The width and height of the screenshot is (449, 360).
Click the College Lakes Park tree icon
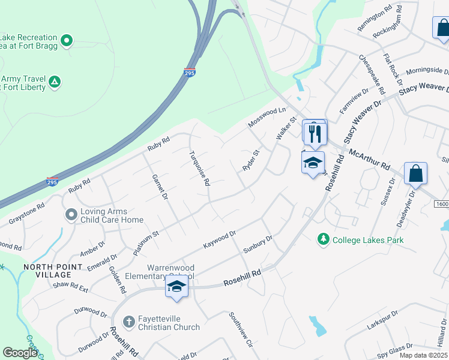(x=324, y=239)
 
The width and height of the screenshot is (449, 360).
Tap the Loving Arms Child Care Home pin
(x=71, y=214)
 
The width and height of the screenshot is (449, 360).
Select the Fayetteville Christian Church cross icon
(x=128, y=322)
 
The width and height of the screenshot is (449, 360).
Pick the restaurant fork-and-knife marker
(x=315, y=133)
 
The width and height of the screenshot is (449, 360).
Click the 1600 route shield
(x=441, y=205)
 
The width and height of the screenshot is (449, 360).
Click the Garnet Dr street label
(x=159, y=187)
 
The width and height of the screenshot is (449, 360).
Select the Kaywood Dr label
(x=221, y=239)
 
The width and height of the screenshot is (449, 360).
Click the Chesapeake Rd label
(x=372, y=74)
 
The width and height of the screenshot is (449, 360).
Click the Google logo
(x=20, y=353)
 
